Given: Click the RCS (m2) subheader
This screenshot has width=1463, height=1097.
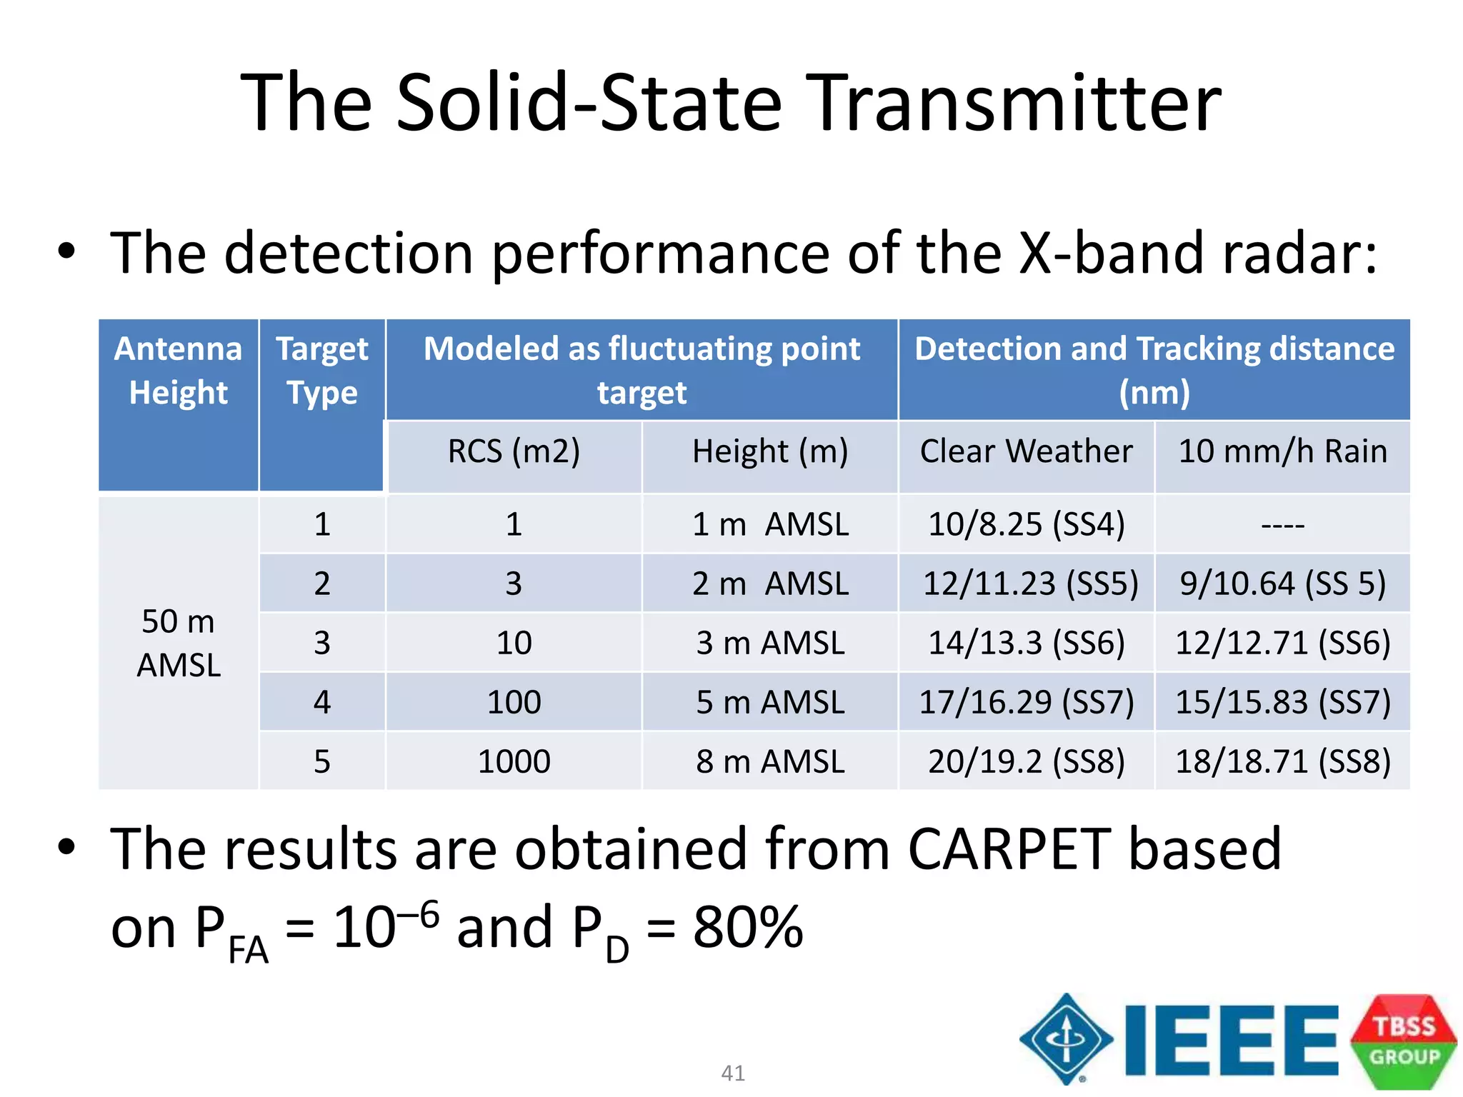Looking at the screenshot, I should pos(514,452).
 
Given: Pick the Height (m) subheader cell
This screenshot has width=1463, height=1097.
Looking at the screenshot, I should pos(770,452).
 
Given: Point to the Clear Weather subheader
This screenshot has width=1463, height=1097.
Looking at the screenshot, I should pos(1026,452).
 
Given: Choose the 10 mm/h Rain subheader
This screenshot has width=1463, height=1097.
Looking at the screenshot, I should pos(1282,452).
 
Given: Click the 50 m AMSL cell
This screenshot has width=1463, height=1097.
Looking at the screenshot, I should pos(178,643).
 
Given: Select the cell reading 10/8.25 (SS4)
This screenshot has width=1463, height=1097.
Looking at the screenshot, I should pos(1026,525).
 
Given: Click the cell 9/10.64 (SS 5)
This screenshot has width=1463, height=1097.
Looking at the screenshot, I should pos(1282,584).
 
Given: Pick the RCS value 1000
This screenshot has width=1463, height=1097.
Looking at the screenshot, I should pos(514,762).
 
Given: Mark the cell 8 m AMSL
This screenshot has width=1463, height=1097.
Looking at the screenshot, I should pos(770,762).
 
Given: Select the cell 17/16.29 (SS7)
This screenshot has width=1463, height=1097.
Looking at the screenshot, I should pos(1026,703).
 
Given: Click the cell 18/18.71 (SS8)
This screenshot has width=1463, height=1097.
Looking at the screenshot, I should pos(1282,762).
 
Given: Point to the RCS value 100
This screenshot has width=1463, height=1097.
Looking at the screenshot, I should pos(514,703).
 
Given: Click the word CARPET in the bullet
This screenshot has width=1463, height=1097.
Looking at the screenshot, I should pos(1009,850).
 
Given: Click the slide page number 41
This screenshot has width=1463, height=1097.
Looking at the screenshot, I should pos(733,1073).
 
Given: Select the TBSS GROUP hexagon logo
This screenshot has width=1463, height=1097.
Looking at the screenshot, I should pos(1404,1041).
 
